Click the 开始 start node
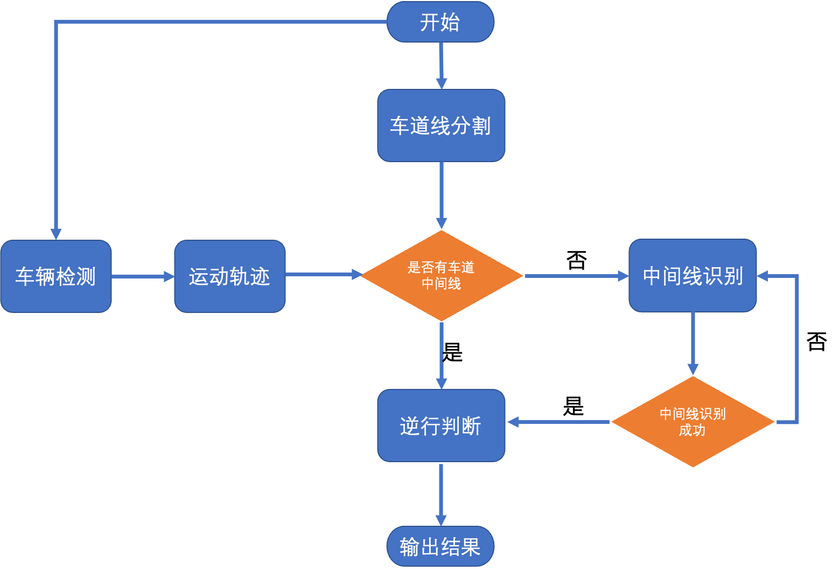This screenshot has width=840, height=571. pos(440,22)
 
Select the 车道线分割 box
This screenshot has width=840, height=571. pos(441,126)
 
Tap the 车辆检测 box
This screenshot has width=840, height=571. pos(56,276)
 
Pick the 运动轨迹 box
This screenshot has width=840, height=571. pos(230,276)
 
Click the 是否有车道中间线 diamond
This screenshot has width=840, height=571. pos(442,275)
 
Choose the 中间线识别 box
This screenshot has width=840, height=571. pos(692,275)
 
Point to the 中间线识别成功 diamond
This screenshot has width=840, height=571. pos(692,422)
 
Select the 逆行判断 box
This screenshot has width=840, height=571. pos(441,426)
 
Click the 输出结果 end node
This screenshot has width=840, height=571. pos(440,547)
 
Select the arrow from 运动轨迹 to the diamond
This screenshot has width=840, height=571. pos(322,275)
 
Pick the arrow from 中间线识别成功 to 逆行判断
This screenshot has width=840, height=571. pos(558,422)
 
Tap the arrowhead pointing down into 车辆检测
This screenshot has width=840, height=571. pos(56,233)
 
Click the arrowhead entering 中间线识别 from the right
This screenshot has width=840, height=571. pos(764,276)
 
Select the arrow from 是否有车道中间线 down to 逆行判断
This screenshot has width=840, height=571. pos(442,356)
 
